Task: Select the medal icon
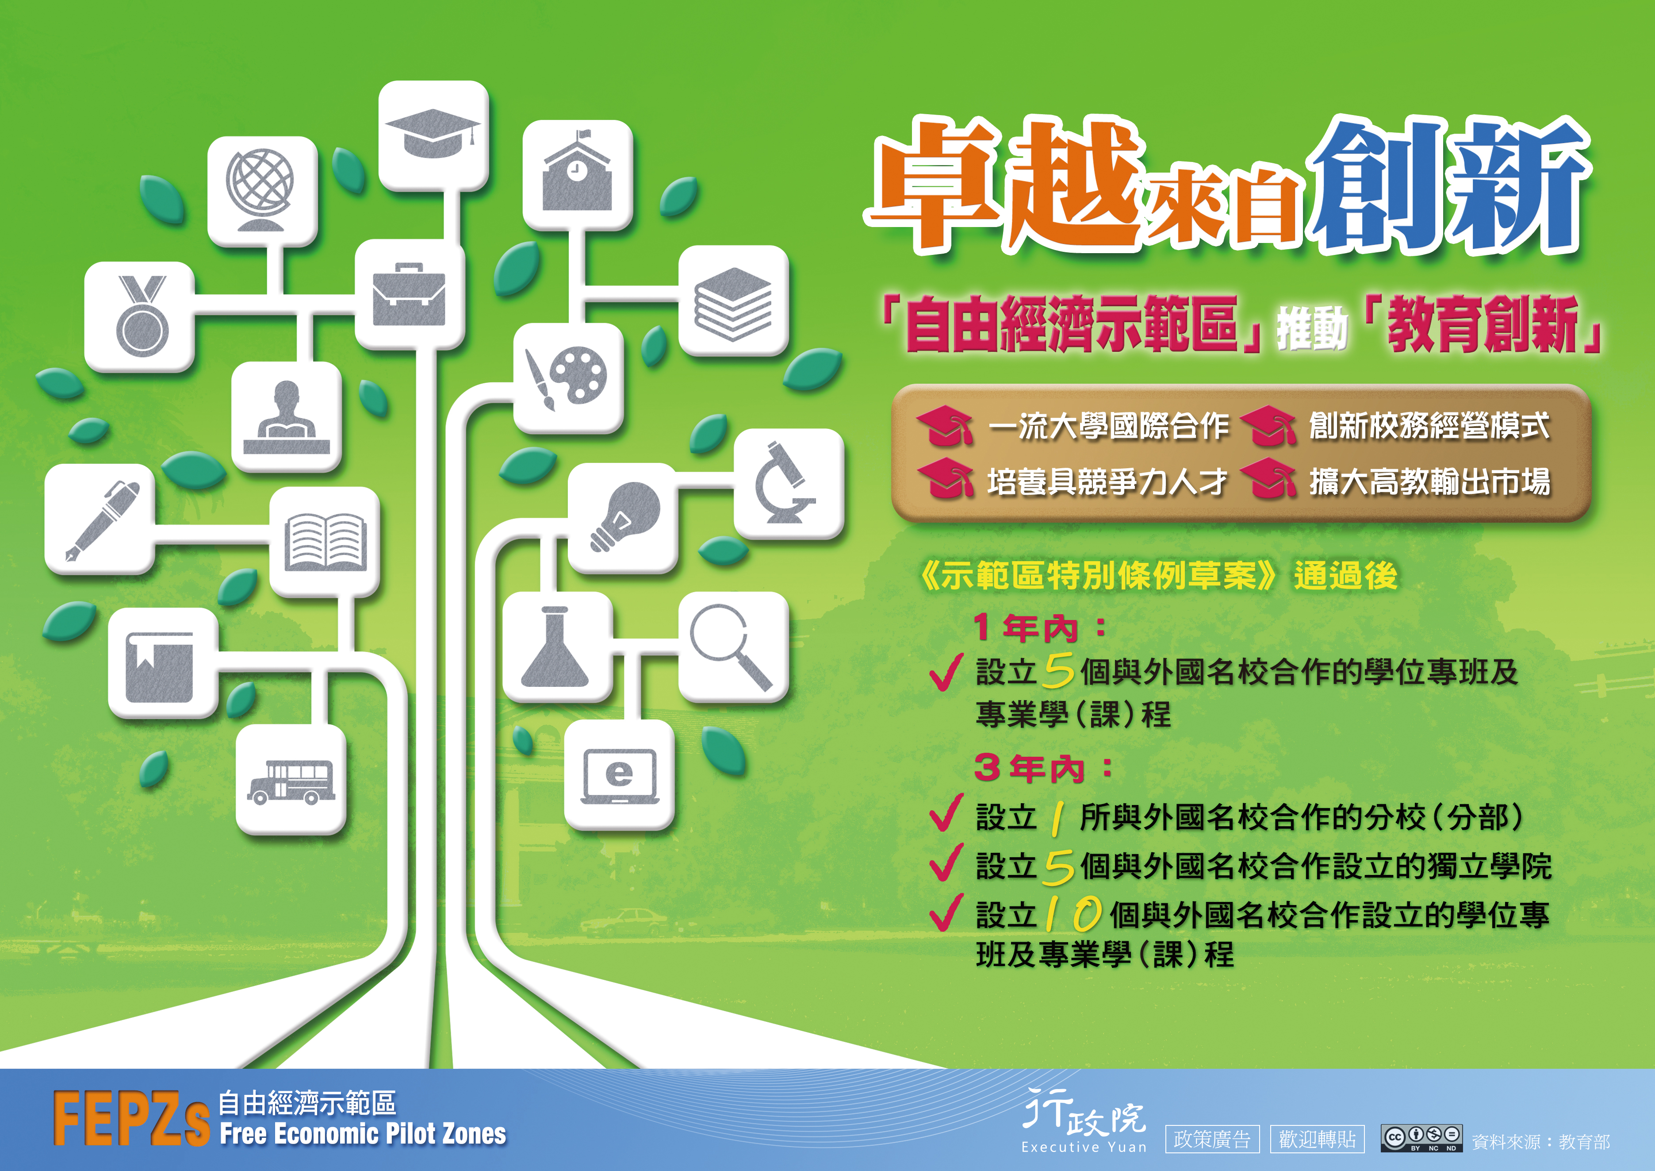point(142,315)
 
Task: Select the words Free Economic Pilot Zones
point(363,1134)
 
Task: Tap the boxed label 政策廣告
point(1212,1139)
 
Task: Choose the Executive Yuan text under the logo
point(1084,1147)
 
